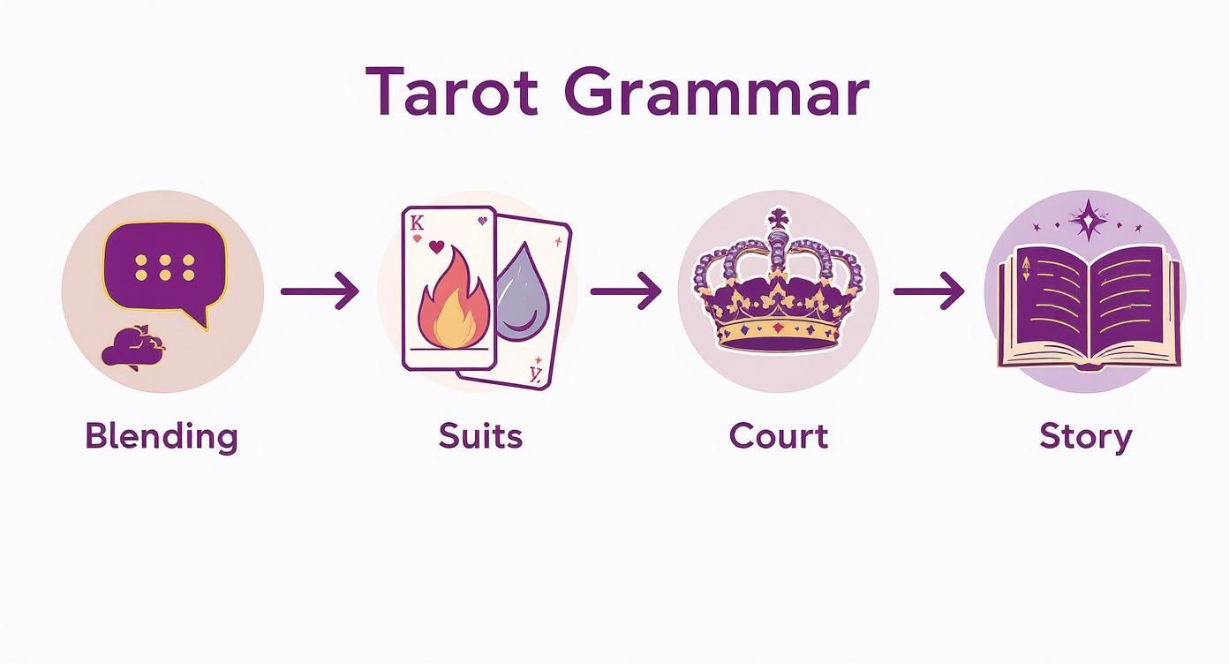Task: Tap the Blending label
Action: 162,437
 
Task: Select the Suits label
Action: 480,436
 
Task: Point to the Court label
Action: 779,436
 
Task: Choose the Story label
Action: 1085,437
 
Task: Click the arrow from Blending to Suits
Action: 320,290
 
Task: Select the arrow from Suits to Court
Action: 625,290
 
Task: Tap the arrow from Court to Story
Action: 929,290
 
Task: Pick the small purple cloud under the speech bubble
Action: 132,348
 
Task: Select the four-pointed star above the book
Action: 1089,218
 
